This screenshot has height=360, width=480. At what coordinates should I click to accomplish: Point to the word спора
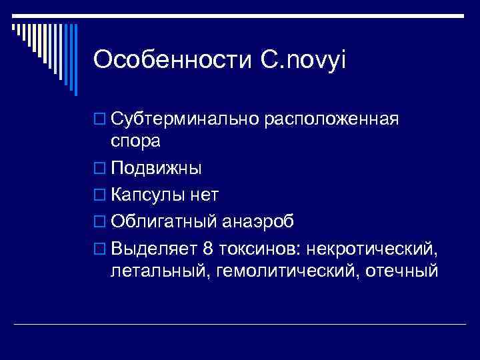point(135,142)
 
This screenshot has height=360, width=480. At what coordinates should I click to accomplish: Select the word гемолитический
point(279,271)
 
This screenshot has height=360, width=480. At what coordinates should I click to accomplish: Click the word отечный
point(399,271)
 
